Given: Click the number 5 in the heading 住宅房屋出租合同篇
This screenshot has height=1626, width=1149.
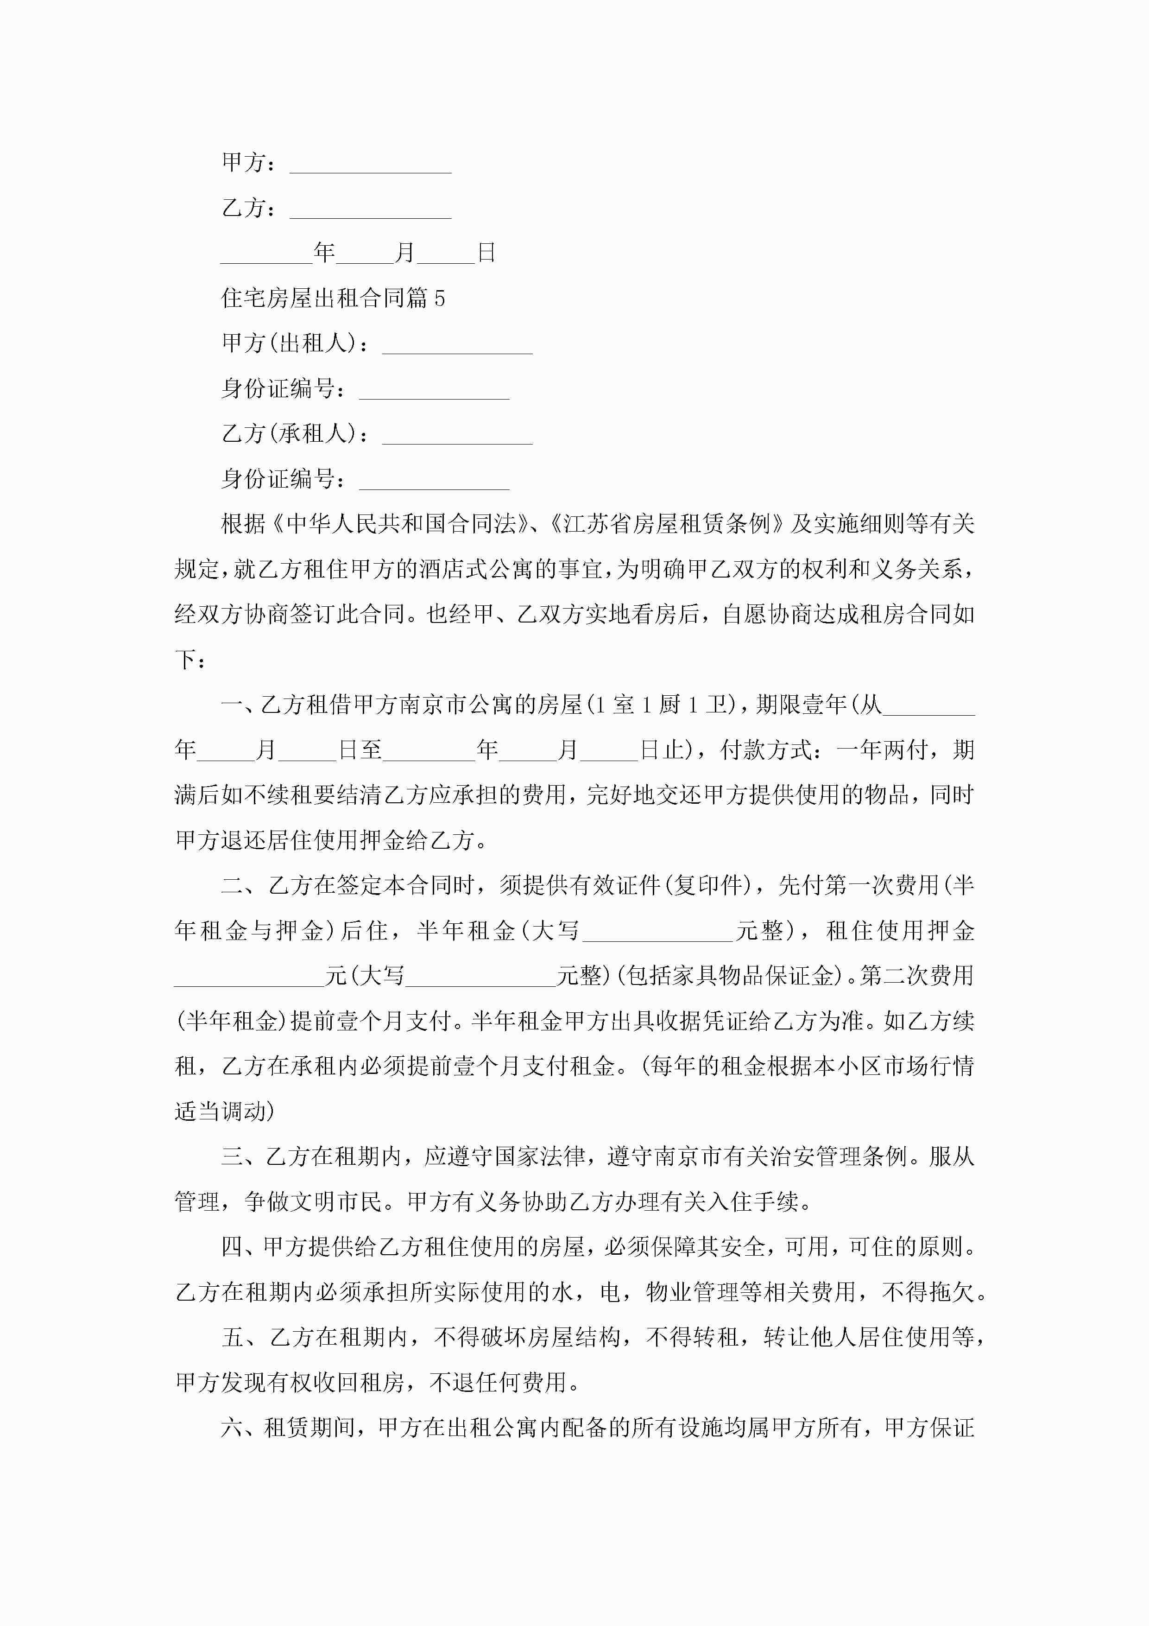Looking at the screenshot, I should tap(440, 298).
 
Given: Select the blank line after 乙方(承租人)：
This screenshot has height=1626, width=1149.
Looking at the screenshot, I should tap(457, 436).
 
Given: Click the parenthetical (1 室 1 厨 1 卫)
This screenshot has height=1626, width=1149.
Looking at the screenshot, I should tap(662, 705).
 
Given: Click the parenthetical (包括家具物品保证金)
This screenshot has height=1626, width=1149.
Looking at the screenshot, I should tap(728, 976).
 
